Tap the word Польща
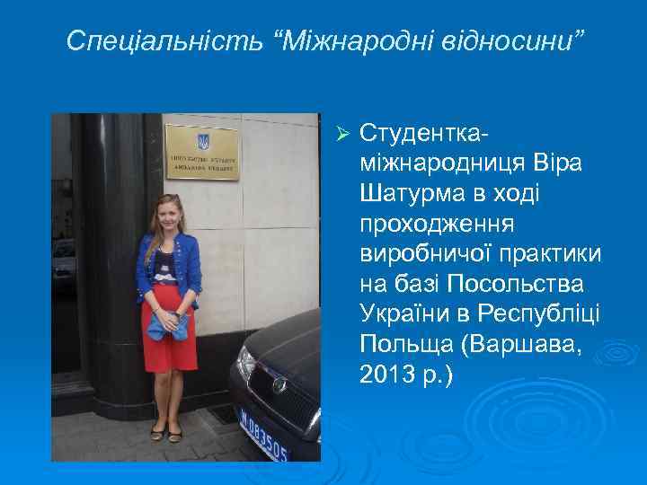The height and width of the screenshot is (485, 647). [402, 344]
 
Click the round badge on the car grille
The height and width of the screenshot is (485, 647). [279, 384]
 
